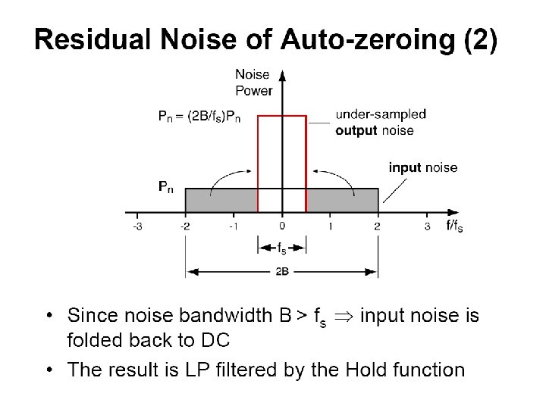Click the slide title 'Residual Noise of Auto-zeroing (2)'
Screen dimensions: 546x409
tap(266, 39)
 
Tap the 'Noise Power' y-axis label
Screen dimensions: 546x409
tap(253, 83)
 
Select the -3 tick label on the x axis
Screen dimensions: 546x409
tap(136, 226)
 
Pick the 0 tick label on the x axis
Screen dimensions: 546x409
tap(282, 226)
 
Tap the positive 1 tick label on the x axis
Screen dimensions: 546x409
tap(330, 226)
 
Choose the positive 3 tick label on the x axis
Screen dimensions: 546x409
tap(427, 226)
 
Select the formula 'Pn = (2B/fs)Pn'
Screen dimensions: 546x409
tap(201, 116)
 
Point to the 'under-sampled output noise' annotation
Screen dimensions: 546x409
tap(381, 122)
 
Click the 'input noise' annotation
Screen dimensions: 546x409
tap(423, 167)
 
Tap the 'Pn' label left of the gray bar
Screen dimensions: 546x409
tap(166, 186)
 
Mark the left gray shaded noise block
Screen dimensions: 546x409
tap(221, 200)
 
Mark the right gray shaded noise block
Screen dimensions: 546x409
tap(342, 200)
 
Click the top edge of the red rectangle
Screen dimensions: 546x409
tap(282, 116)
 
